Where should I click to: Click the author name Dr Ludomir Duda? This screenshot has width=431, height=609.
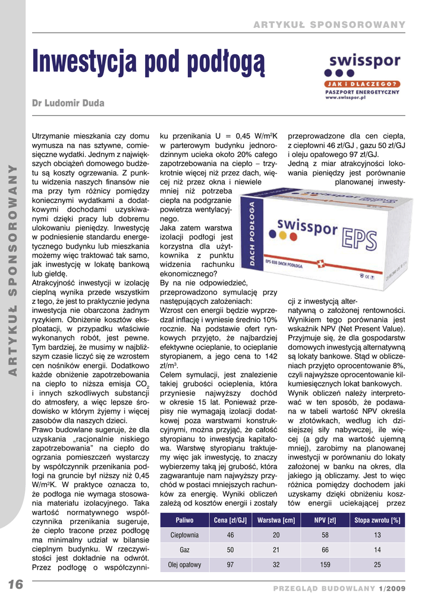pyautogui.click(x=68, y=103)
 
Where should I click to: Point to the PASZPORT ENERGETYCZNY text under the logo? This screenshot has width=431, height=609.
pyautogui.click(x=362, y=92)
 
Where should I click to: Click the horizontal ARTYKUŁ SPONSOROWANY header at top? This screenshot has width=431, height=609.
pyautogui.click(x=329, y=24)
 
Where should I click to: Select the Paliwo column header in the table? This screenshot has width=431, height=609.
pyautogui.click(x=184, y=521)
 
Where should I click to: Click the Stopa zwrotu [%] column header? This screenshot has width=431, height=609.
pyautogui.click(x=377, y=521)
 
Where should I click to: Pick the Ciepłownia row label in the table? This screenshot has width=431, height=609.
pyautogui.click(x=184, y=535)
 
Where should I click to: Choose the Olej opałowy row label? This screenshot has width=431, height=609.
pyautogui.click(x=184, y=565)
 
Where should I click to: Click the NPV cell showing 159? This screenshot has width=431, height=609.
pyautogui.click(x=325, y=565)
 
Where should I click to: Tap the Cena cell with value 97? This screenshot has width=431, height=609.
pyautogui.click(x=230, y=565)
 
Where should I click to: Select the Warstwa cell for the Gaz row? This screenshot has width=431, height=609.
pyautogui.click(x=276, y=550)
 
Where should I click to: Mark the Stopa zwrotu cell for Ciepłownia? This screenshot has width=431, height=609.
pyautogui.click(x=377, y=535)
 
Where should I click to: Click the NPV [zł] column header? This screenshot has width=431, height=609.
pyautogui.click(x=325, y=521)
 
